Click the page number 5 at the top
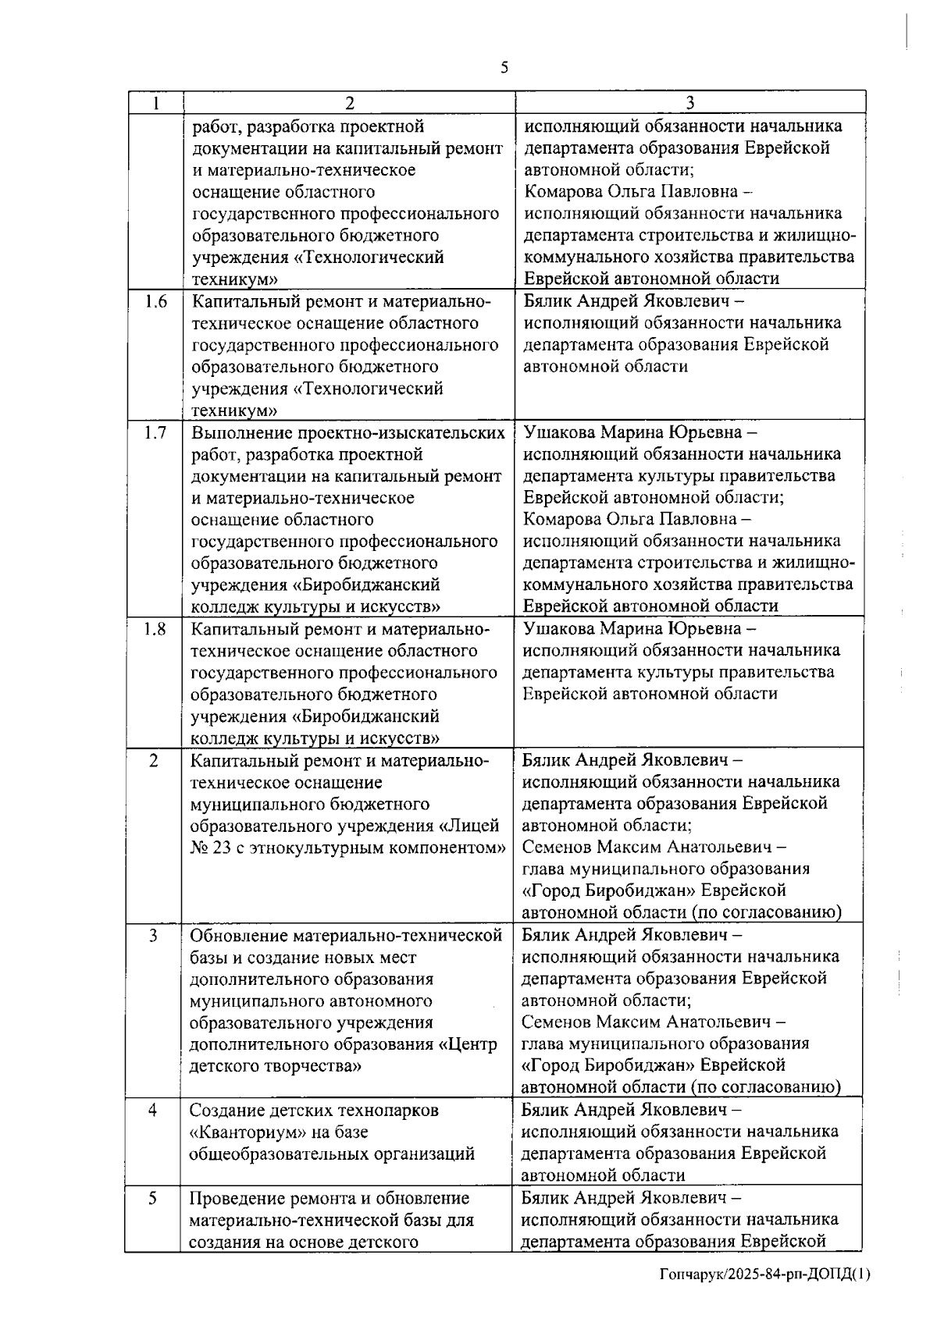coord(504,67)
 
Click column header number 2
coord(349,103)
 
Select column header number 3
coord(690,103)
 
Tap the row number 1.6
coord(155,301)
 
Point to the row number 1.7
coord(155,432)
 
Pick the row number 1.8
coord(155,629)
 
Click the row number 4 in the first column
coord(153,1110)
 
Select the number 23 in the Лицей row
coord(221,848)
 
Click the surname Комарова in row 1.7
coord(562,520)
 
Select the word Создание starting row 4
coord(226,1110)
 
